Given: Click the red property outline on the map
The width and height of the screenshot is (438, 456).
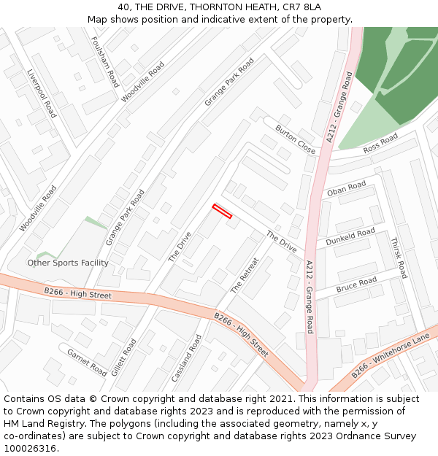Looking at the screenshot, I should (x=222, y=212).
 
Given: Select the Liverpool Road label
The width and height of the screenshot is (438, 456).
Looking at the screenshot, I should (x=41, y=93).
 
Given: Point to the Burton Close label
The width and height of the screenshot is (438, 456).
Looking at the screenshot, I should (x=296, y=139).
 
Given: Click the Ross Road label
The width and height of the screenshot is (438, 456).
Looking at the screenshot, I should (x=380, y=143).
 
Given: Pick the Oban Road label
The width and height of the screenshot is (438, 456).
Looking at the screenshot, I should (x=346, y=189).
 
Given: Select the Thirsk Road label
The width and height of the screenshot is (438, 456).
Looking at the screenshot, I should (x=398, y=258).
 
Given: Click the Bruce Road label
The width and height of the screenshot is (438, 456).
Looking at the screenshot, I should (x=356, y=285).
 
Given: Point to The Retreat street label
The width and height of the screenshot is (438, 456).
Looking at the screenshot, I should (x=245, y=275).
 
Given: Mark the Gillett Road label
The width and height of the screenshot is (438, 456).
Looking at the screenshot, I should (x=123, y=358).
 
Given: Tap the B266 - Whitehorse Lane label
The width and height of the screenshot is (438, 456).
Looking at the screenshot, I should (x=391, y=355).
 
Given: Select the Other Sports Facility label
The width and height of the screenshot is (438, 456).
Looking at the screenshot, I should (x=68, y=263).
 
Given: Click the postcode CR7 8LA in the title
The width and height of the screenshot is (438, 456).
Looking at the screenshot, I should (x=303, y=7).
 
